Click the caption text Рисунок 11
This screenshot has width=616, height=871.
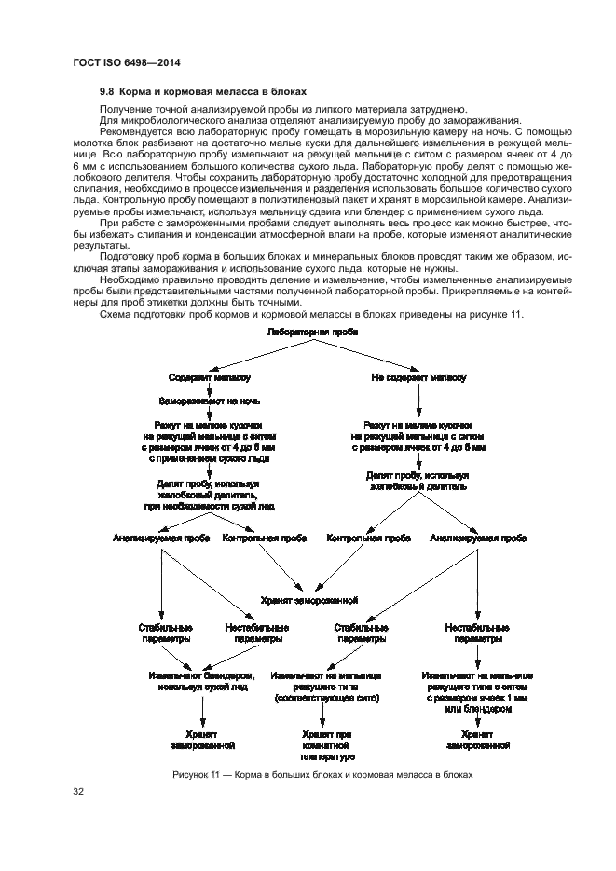point(198,774)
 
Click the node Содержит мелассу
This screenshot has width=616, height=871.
point(209,378)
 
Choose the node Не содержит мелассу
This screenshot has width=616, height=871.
point(418,378)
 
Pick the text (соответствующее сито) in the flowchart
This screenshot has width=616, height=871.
point(323,696)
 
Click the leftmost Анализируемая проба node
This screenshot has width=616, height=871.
point(160,538)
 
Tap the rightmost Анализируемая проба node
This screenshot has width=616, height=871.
point(476,538)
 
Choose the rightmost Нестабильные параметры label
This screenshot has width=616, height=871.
point(476,633)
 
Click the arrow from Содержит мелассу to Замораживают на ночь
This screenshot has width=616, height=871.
point(209,389)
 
